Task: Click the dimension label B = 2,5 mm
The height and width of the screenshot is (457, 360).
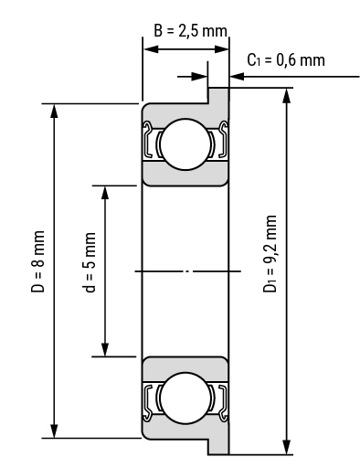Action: coord(190,31)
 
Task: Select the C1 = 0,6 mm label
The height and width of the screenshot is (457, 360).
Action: coord(286,60)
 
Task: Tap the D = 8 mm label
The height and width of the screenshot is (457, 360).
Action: coord(38,261)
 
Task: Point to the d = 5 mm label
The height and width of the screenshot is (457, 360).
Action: coord(90,262)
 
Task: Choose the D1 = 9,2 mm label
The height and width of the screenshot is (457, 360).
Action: coord(270,254)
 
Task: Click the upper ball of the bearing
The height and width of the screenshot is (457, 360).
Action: coord(185,144)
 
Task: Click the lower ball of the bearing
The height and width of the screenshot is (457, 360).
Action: coord(185,398)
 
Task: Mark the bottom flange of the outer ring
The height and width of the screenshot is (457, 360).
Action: coord(218,446)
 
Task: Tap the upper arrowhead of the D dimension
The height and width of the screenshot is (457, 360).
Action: coord(54,111)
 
